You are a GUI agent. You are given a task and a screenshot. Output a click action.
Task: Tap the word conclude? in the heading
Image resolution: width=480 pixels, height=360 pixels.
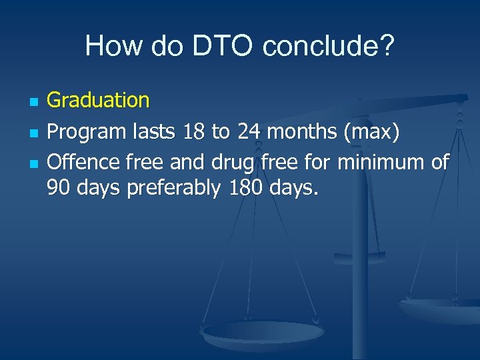point(329,46)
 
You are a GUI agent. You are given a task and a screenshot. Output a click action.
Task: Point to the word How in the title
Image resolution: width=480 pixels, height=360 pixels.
point(106,46)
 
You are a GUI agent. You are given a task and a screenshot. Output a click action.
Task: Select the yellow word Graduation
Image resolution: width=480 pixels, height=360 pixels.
point(98,101)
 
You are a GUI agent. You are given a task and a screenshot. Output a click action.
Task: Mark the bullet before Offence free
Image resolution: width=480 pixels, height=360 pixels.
point(33,163)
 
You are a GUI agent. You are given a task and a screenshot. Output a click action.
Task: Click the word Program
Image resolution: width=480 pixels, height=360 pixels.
point(85,132)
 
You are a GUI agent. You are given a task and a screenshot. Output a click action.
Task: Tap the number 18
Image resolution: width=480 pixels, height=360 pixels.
point(195,132)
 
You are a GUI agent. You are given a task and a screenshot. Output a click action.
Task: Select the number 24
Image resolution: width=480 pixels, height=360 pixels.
point(249,132)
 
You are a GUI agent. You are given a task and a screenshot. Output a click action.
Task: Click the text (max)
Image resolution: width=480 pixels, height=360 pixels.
point(371,132)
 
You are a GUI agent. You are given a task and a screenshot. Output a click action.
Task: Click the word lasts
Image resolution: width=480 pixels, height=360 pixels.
point(155,132)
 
